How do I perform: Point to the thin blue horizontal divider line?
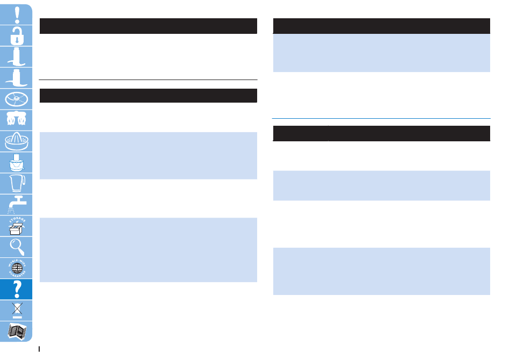pos(381,118)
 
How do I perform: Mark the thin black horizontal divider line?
pos(148,80)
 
